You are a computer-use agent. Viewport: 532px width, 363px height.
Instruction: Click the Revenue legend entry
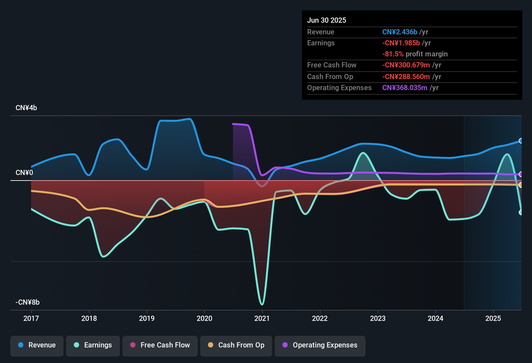(37, 345)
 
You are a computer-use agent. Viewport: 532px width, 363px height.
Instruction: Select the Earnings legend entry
(93, 345)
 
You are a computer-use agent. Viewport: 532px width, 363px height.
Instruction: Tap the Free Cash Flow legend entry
(160, 345)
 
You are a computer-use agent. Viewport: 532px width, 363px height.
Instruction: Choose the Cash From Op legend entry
(236, 345)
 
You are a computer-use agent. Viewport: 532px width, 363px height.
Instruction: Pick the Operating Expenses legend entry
(320, 345)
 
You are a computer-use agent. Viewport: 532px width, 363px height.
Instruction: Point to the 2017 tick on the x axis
(31, 318)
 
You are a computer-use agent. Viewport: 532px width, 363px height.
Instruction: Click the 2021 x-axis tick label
(262, 318)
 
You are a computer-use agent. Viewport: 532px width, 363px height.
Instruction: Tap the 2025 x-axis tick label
(493, 318)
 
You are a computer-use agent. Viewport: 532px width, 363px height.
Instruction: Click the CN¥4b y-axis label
(26, 108)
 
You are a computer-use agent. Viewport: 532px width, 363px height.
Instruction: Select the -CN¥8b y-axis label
(28, 302)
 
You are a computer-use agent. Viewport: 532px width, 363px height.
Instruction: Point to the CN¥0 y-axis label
(24, 173)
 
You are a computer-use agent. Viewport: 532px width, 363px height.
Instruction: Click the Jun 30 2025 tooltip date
(327, 20)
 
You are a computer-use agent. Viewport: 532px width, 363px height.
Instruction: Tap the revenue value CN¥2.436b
(399, 32)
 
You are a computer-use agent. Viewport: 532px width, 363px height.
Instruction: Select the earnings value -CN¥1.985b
(401, 43)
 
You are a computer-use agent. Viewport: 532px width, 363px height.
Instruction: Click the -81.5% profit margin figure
(393, 54)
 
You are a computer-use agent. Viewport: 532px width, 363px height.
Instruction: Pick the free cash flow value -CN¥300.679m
(406, 65)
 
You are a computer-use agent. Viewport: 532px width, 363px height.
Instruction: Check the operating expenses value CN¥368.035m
(405, 88)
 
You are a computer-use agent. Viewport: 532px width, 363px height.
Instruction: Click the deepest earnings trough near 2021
(262, 304)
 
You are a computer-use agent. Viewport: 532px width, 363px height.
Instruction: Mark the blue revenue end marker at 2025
(521, 141)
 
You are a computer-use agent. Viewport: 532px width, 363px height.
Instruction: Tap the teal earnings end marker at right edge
(521, 212)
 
